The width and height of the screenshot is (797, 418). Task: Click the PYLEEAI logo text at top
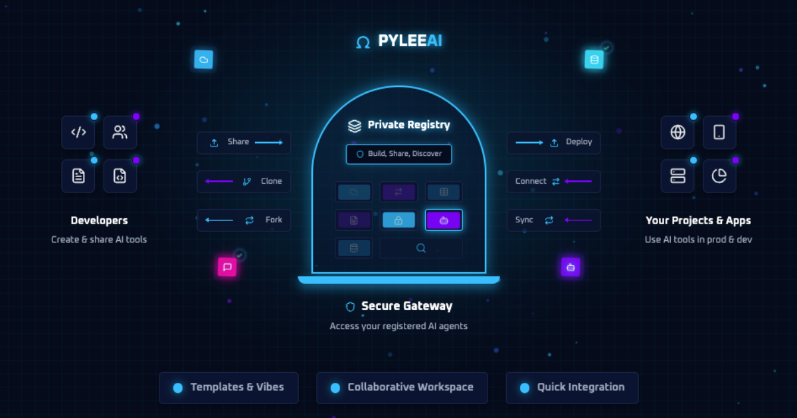409,41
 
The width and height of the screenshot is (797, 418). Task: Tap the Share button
244,143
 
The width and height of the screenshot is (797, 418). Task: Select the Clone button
244,181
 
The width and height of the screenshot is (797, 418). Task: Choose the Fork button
244,220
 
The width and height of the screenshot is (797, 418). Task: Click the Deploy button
553,143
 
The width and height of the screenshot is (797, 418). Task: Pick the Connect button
553,181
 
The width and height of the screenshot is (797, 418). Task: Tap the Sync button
553,220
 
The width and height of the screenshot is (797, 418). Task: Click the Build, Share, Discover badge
398,154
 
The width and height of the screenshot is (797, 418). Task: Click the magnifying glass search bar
420,248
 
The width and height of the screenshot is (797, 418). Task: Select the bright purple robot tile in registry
444,220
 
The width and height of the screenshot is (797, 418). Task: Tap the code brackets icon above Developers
78,132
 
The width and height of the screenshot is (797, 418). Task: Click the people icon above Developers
120,132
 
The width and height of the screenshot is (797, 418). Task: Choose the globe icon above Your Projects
677,132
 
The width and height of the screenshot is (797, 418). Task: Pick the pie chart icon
719,176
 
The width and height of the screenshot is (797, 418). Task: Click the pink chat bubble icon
227,267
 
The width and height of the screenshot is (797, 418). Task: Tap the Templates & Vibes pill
228,387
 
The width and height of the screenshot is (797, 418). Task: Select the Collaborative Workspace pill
402,387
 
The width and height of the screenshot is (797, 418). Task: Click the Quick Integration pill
572,387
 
